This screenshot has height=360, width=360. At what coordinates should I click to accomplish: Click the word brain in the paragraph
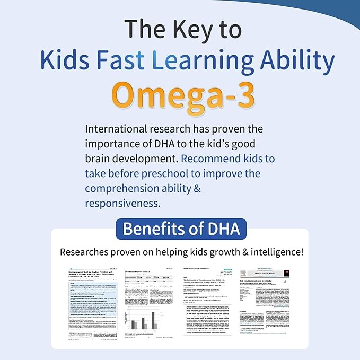pyautogui.click(x=99, y=159)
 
